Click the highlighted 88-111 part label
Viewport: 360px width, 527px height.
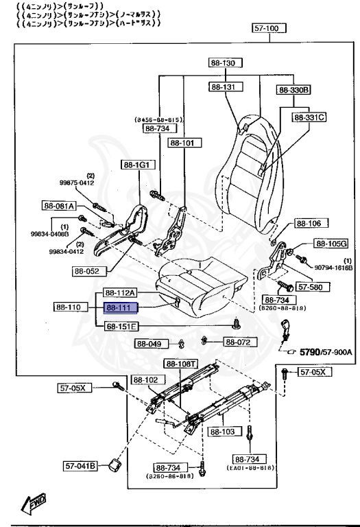(x=121, y=309)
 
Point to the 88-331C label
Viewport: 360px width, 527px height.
(x=309, y=117)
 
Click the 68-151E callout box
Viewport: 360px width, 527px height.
(x=121, y=326)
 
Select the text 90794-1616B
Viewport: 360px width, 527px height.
(x=334, y=267)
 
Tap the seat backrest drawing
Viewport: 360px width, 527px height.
(x=250, y=158)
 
